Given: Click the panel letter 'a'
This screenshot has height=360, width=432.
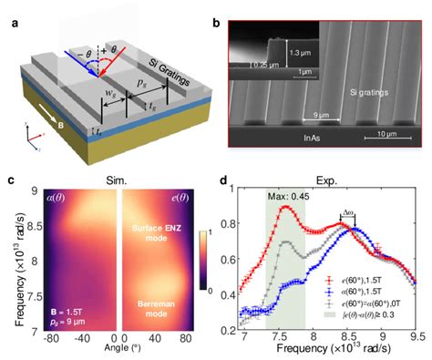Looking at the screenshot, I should (8, 9).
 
